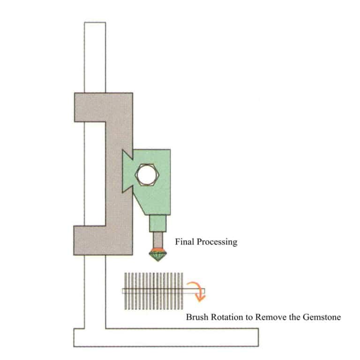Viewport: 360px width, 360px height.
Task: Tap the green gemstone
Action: click(158, 256)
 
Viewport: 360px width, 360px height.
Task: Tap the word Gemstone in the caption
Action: click(323, 317)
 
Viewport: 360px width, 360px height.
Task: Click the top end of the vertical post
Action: click(95, 24)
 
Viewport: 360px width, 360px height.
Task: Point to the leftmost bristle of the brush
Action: click(125, 291)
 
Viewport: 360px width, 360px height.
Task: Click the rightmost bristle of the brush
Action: click(181, 291)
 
